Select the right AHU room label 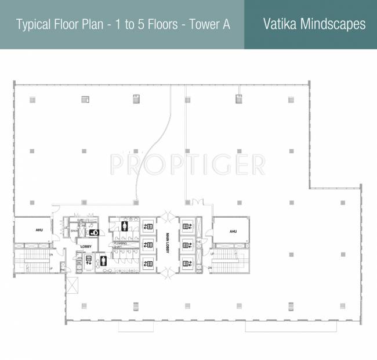pyautogui.click(x=233, y=231)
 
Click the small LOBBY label pyautogui.click(x=86, y=247)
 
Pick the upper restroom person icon pyautogui.click(x=124, y=225)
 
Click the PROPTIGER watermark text pyautogui.click(x=188, y=164)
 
